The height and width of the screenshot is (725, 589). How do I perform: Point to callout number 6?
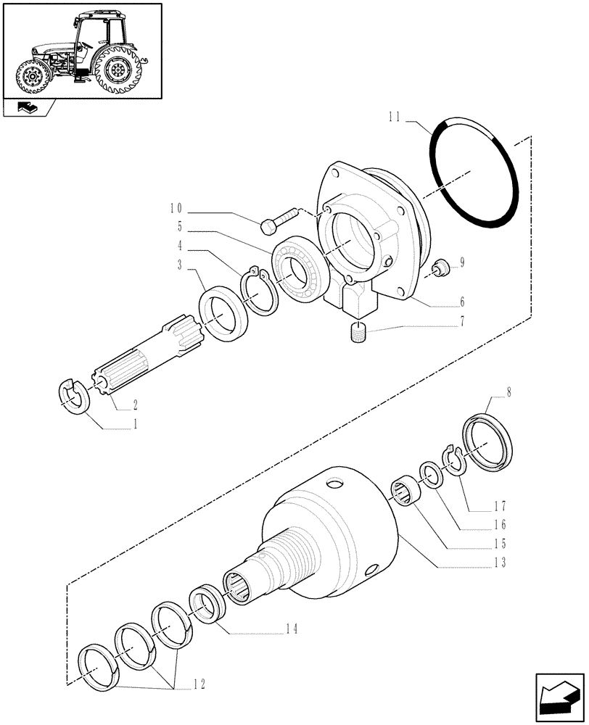(x=461, y=301)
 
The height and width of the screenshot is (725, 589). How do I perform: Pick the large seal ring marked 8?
(x=491, y=441)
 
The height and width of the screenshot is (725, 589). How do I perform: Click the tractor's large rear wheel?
(x=116, y=68)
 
